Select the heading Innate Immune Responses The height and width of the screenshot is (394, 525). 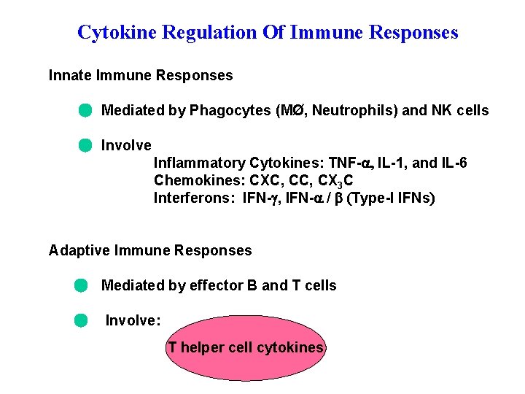click(141, 75)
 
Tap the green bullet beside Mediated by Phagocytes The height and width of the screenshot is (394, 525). click(85, 111)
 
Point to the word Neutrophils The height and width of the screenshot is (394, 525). click(353, 111)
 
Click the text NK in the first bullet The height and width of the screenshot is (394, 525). click(443, 111)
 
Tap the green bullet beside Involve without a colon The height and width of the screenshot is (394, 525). click(85, 145)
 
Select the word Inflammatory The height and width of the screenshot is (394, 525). click(199, 163)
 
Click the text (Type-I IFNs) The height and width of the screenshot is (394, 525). click(392, 198)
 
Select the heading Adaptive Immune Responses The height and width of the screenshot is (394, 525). click(150, 250)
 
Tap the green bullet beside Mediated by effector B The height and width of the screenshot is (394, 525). click(80, 285)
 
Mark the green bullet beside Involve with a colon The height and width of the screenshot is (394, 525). click(80, 320)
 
